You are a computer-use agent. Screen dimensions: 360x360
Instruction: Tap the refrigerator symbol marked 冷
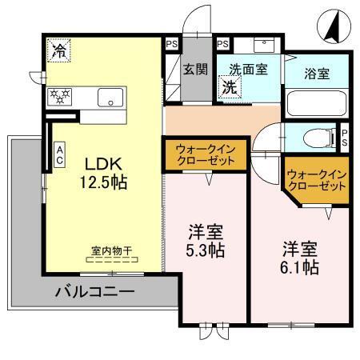[58, 50]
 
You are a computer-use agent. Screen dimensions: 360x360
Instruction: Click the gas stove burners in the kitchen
[61, 98]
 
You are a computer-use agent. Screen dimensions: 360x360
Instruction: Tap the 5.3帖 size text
[206, 250]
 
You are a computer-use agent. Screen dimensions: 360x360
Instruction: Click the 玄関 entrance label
[194, 70]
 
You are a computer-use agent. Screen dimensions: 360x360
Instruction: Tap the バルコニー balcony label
[94, 292]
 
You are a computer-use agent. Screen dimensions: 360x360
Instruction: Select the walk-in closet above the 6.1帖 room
[317, 178]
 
